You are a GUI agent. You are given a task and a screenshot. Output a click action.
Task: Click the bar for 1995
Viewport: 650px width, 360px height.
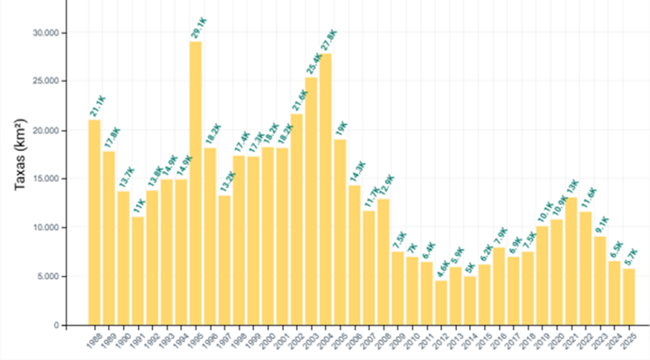196,183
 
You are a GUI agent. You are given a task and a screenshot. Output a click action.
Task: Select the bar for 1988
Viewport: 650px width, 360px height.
94,222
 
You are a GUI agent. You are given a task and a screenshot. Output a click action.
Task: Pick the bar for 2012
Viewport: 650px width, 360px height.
440,302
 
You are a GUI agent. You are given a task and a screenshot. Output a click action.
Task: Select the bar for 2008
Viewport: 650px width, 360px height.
383,262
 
